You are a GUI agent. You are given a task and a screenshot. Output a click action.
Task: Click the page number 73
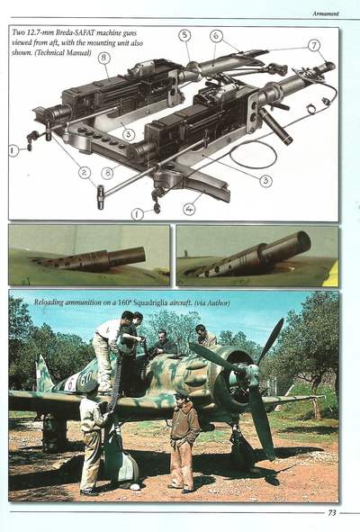pos(332,512)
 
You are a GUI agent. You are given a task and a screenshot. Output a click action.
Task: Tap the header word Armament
pos(326,14)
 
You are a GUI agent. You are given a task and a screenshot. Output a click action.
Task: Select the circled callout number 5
pos(184,35)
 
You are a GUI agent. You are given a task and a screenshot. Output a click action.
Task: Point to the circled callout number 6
pos(216,36)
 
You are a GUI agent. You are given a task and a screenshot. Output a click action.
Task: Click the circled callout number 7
pos(314,45)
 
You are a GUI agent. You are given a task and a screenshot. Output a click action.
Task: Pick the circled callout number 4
pos(190,209)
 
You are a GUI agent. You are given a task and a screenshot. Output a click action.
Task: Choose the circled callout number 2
pos(84,173)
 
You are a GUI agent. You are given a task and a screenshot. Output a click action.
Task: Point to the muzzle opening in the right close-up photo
pos(303,240)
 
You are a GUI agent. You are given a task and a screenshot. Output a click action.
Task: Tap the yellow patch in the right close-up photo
pos(333,275)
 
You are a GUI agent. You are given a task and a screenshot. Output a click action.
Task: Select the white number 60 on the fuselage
pos(85,379)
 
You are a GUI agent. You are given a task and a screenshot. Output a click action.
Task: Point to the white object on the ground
pos(135,487)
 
